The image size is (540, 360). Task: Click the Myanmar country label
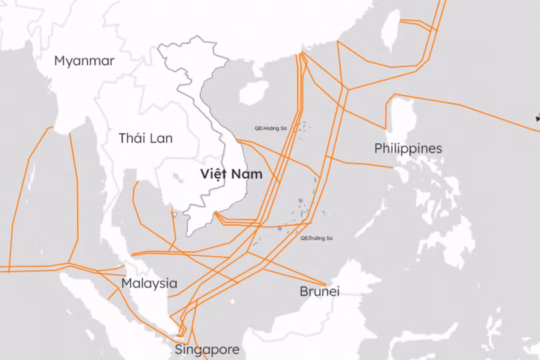pyautogui.click(x=84, y=61)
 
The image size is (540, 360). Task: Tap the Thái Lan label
pyautogui.click(x=145, y=139)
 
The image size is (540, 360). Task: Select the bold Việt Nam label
pyautogui.click(x=231, y=174)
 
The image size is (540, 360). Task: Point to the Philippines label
pyautogui.click(x=408, y=148)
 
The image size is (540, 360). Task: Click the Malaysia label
pyautogui.click(x=149, y=283)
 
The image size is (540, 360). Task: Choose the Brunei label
pyautogui.click(x=319, y=291)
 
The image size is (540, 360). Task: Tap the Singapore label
pyautogui.click(x=207, y=349)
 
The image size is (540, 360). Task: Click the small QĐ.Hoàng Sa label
pyautogui.click(x=269, y=128)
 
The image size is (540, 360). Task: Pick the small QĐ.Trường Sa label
pyautogui.click(x=317, y=238)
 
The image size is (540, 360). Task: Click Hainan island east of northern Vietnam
pyautogui.click(x=253, y=93)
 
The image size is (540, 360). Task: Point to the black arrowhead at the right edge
pyautogui.click(x=537, y=118)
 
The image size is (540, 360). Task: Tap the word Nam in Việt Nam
pyautogui.click(x=247, y=174)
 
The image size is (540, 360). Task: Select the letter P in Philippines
pyautogui.click(x=379, y=148)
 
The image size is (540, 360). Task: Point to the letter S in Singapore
pyautogui.click(x=179, y=349)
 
